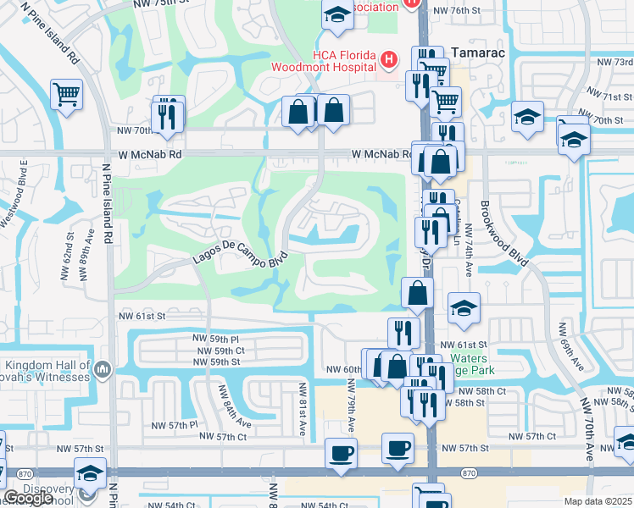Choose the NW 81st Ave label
(x=302, y=408)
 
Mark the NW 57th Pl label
(x=174, y=424)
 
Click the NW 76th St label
(x=457, y=11)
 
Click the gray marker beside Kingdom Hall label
(x=103, y=368)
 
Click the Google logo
(x=28, y=499)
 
